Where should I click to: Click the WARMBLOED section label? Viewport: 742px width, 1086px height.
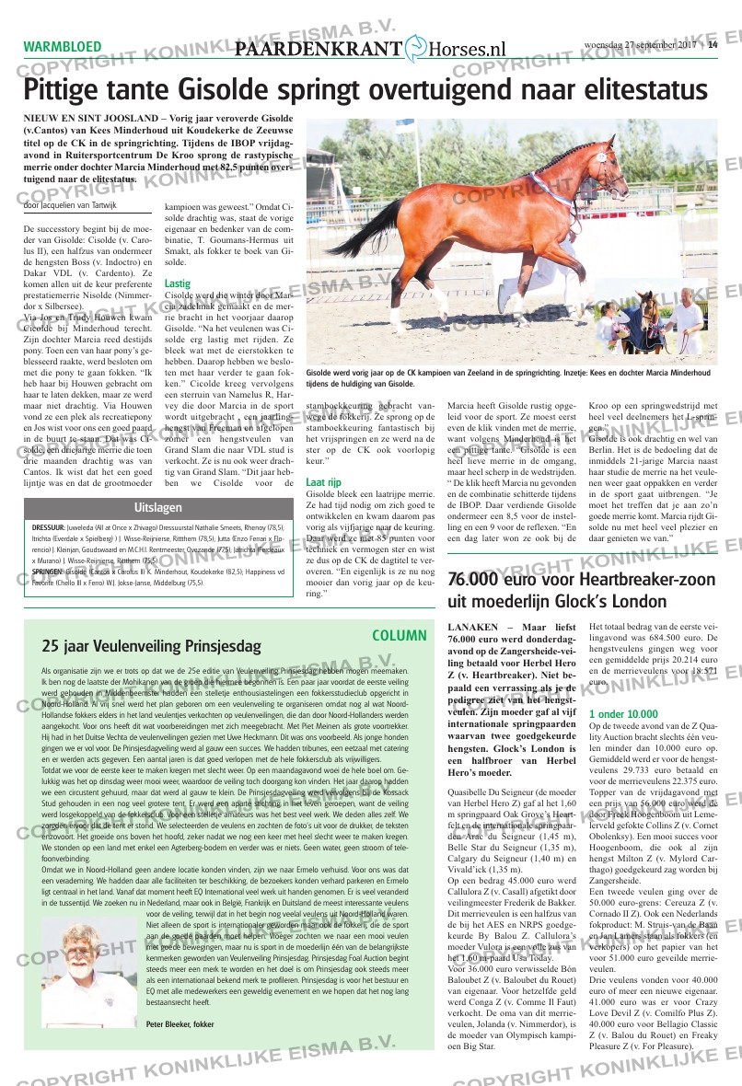(63, 47)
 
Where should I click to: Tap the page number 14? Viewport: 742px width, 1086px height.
(713, 48)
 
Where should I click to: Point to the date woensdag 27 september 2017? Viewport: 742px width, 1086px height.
(642, 48)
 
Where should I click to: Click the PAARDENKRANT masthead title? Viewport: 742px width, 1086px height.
(319, 52)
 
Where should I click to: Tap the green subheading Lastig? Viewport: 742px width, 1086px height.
(178, 283)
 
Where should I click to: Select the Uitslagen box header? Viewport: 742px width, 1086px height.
(158, 508)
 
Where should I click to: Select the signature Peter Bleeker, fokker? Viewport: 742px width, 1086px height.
(180, 1023)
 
